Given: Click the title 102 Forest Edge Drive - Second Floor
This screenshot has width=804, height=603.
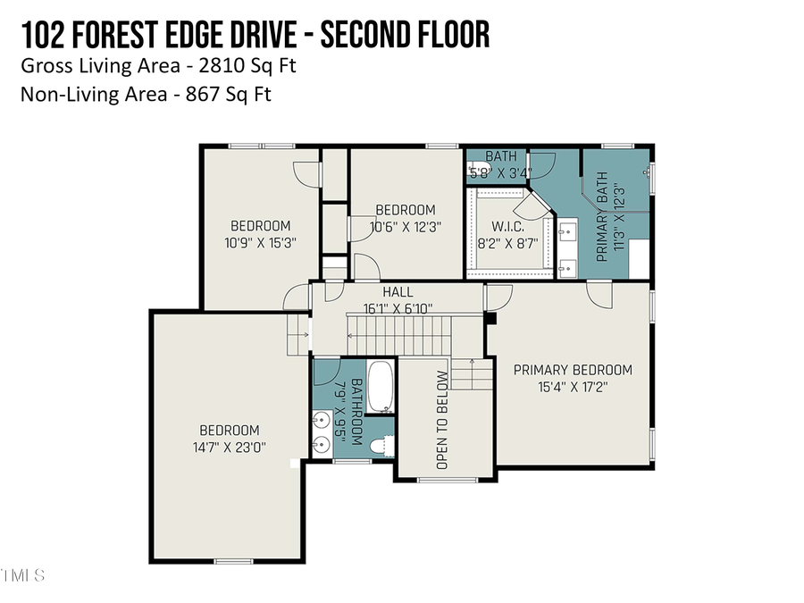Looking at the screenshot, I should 255,35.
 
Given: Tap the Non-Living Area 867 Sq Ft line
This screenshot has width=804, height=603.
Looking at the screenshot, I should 146,94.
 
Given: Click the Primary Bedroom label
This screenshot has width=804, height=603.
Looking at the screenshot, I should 573,370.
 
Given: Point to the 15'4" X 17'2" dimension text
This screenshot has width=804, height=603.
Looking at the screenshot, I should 573,387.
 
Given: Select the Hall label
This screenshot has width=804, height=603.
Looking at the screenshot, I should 398,292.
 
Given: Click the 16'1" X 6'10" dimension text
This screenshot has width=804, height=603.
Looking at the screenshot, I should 398,308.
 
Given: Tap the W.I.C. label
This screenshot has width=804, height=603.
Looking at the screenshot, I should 507,227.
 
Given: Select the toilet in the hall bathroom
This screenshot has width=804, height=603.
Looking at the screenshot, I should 383,444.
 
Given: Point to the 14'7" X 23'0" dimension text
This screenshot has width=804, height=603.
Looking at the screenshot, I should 230,447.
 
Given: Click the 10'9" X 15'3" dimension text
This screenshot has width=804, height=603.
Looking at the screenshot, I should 261,242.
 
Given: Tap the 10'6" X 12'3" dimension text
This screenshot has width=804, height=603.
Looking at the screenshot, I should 406,227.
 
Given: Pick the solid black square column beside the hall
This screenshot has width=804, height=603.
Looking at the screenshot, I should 490,318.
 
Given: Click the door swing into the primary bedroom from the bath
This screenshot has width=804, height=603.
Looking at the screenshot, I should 599,294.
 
